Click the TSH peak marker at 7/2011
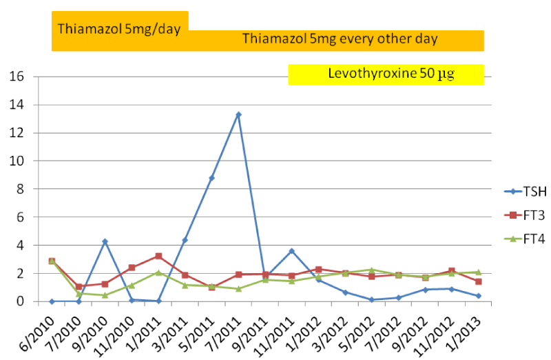(238, 114)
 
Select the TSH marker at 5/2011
(211, 178)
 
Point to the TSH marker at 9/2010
(105, 241)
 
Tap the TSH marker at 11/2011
(292, 250)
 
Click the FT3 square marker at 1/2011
(158, 256)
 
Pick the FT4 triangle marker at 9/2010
(105, 295)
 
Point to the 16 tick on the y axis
(17, 77)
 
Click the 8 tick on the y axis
(20, 189)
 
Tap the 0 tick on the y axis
(20, 301)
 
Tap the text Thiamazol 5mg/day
(118, 29)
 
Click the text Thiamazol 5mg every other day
(340, 39)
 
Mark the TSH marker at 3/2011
(185, 240)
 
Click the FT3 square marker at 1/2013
(479, 281)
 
